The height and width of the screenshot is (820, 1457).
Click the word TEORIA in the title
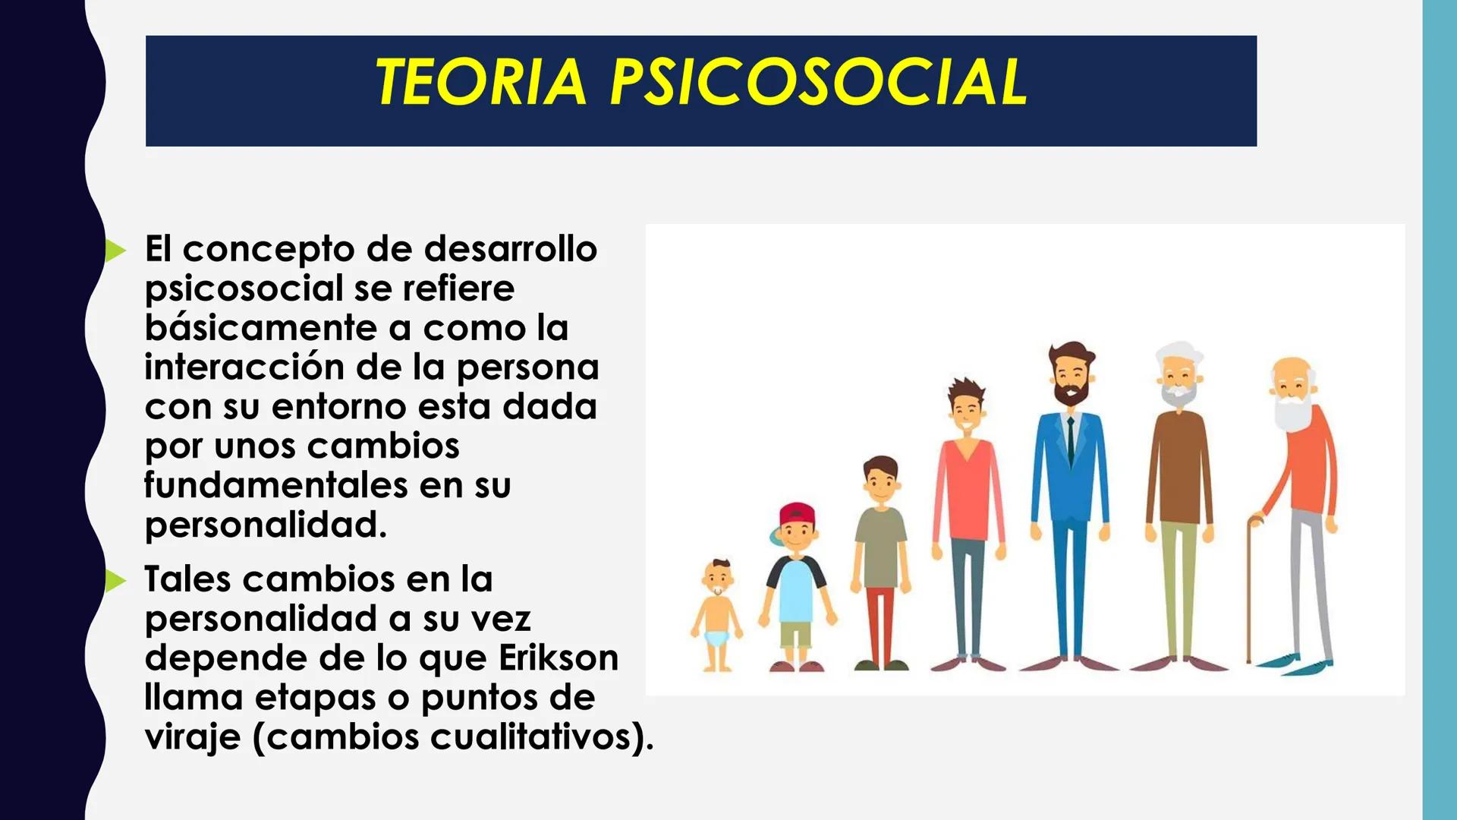click(481, 82)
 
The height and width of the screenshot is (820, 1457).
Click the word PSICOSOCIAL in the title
click(819, 82)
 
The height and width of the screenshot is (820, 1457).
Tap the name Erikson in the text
click(559, 658)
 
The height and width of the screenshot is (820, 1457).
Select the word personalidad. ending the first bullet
click(266, 525)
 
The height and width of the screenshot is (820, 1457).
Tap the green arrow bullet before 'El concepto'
click(115, 250)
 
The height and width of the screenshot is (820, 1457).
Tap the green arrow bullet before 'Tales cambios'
click(115, 581)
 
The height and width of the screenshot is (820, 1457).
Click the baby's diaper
click(716, 637)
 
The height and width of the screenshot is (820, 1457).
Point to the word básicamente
click(260, 328)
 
